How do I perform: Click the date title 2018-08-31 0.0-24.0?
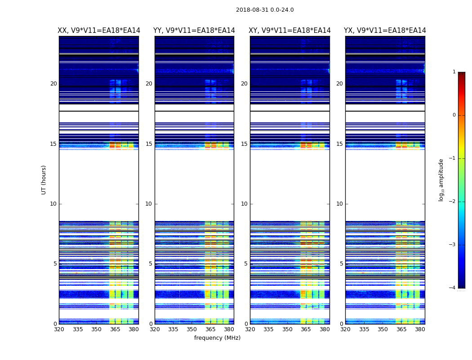click(265, 10)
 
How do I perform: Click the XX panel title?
click(99, 31)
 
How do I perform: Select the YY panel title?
click(194, 31)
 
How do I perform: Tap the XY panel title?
click(290, 31)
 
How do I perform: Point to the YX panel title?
click(385, 31)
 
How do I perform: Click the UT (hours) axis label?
click(44, 180)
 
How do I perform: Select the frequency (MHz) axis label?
click(217, 338)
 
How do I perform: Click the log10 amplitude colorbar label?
click(441, 180)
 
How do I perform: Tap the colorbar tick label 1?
click(454, 72)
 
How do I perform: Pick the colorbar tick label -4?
click(453, 288)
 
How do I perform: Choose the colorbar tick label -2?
click(453, 202)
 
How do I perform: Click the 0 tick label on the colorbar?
click(454, 115)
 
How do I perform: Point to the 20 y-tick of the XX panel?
click(53, 84)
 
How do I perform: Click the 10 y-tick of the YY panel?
click(148, 204)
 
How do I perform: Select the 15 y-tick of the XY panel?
click(244, 144)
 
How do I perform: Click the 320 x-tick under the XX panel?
click(59, 329)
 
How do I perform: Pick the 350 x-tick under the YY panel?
click(192, 329)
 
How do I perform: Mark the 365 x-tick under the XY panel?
click(306, 329)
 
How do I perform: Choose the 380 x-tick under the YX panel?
click(420, 329)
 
